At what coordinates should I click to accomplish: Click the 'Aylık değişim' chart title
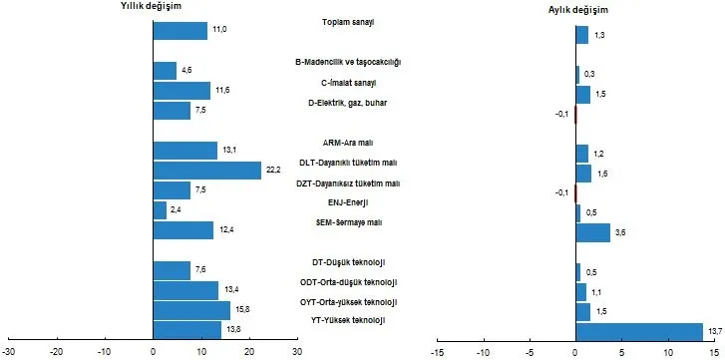click(579, 9)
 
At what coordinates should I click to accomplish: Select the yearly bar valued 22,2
click(207, 171)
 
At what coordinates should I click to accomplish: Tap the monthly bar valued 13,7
click(640, 332)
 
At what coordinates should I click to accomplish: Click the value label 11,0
click(220, 30)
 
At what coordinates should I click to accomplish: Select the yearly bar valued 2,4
click(160, 210)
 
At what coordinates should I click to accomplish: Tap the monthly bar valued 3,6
click(592, 232)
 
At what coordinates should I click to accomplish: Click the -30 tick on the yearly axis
click(9, 351)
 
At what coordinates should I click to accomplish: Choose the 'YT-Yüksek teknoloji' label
click(355, 319)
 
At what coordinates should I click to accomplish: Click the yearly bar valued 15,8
click(191, 310)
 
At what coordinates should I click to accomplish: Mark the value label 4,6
click(187, 71)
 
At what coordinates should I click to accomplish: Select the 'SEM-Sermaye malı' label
click(354, 222)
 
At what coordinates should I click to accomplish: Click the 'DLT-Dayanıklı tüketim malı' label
click(354, 163)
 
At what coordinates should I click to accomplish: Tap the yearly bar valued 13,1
click(185, 151)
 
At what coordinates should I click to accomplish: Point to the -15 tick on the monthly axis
click(436, 351)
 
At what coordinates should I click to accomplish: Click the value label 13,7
click(714, 331)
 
